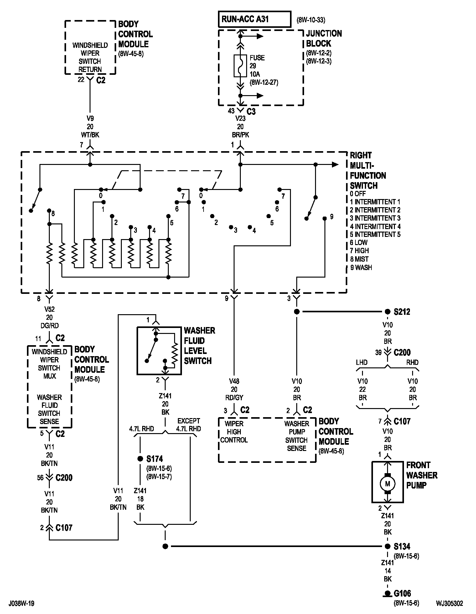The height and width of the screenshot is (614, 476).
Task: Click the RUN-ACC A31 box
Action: tap(255, 19)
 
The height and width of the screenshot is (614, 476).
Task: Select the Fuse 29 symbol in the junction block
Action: tap(241, 66)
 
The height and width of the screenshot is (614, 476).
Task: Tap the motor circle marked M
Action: tap(388, 484)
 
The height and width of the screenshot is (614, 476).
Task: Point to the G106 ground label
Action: tap(402, 593)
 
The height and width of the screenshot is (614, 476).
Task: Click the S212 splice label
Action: tap(402, 312)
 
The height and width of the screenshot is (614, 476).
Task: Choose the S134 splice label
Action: tap(402, 546)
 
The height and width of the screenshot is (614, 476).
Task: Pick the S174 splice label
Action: tap(155, 459)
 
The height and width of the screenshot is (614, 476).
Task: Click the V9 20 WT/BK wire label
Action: tap(90, 127)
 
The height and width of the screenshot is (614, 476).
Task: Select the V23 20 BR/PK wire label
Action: tap(241, 127)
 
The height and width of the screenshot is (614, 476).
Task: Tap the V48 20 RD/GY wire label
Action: tap(234, 390)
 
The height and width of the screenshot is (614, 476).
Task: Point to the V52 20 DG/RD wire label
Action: tap(49, 318)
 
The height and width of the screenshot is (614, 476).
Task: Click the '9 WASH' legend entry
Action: tap(361, 268)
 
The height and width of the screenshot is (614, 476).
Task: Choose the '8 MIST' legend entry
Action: tap(360, 259)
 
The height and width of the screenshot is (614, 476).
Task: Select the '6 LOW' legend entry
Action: tap(359, 243)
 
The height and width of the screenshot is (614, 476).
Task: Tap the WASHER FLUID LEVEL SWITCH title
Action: tap(199, 345)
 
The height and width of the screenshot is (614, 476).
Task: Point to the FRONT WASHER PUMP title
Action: tap(422, 475)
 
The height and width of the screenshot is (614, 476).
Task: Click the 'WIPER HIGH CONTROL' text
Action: tap(234, 432)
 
